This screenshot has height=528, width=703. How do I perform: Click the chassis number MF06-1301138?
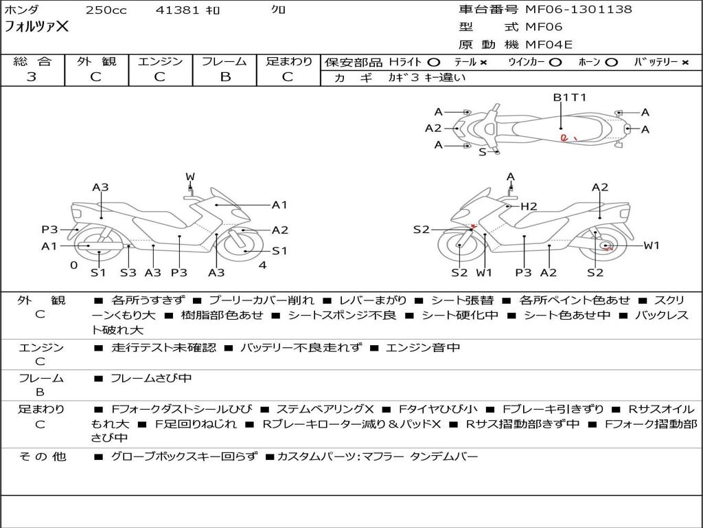point(578,10)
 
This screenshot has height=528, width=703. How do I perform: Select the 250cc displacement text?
point(106,10)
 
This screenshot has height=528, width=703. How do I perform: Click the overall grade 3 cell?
point(32,76)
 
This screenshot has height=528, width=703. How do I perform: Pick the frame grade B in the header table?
point(225,76)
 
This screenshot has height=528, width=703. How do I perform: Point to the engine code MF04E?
point(549,45)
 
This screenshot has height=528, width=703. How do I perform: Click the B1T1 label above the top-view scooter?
point(570,97)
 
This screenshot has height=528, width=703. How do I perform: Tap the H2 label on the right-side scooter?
point(529,206)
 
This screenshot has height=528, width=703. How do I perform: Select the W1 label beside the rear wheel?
point(651,245)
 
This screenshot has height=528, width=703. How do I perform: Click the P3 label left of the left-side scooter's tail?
point(49,230)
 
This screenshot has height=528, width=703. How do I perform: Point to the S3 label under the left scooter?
point(128,272)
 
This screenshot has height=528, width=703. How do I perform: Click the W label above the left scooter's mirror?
point(190,177)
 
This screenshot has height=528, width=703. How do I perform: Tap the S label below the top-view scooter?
point(482,152)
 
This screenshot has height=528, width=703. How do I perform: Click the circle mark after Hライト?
point(433,62)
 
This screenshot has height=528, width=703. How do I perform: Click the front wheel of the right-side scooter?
point(459,246)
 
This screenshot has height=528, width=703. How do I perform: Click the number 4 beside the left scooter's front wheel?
point(262,265)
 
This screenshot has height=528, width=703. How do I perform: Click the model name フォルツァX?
point(37,27)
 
